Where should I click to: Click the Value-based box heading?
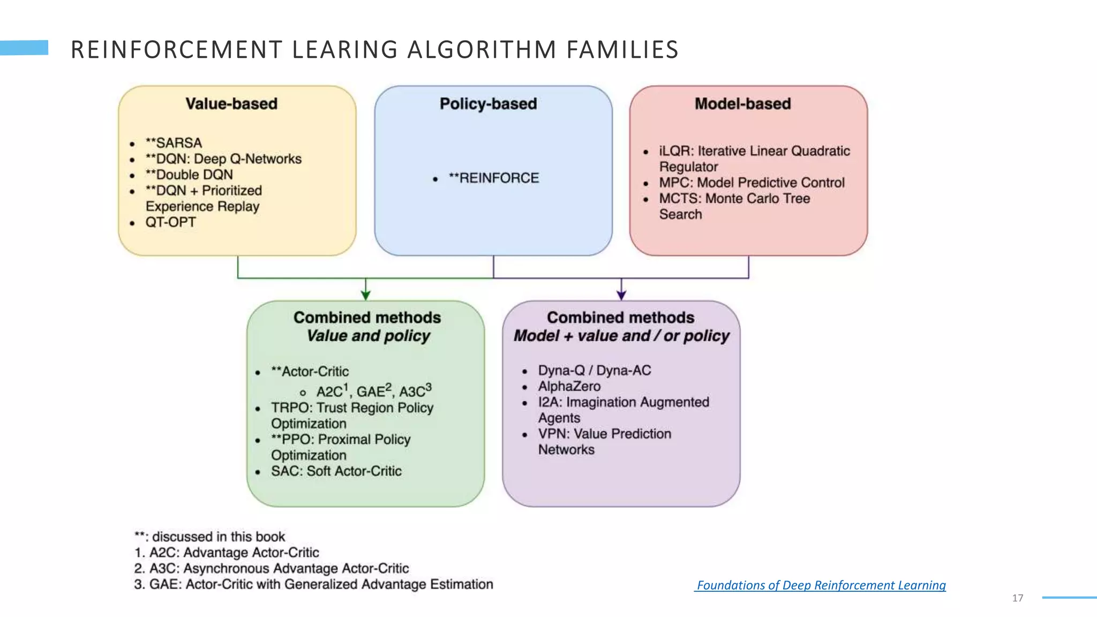pyautogui.click(x=231, y=104)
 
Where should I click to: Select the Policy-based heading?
pyautogui.click(x=488, y=104)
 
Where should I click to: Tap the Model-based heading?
pyautogui.click(x=742, y=104)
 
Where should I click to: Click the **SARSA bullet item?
pyautogui.click(x=174, y=144)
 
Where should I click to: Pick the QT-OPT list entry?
pyautogui.click(x=170, y=222)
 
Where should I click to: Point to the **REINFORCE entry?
pyautogui.click(x=493, y=178)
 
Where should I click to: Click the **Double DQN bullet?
pyautogui.click(x=189, y=175)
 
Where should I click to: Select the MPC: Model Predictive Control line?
pyautogui.click(x=751, y=183)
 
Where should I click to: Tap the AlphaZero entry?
pyautogui.click(x=569, y=387)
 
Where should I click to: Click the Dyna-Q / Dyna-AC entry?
pyautogui.click(x=594, y=371)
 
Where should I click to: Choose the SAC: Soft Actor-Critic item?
pyautogui.click(x=336, y=471)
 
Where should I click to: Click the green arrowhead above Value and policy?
pyautogui.click(x=366, y=295)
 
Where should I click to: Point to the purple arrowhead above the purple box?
pyautogui.click(x=621, y=295)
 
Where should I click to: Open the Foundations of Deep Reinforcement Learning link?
pyautogui.click(x=821, y=585)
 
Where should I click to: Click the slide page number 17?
pyautogui.click(x=1018, y=598)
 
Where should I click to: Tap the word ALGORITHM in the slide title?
pyautogui.click(x=482, y=50)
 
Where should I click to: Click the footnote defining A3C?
pyautogui.click(x=271, y=569)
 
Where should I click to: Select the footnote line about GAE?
pyautogui.click(x=313, y=584)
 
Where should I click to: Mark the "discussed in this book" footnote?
pyautogui.click(x=209, y=537)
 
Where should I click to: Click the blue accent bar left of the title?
pyautogui.click(x=24, y=48)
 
